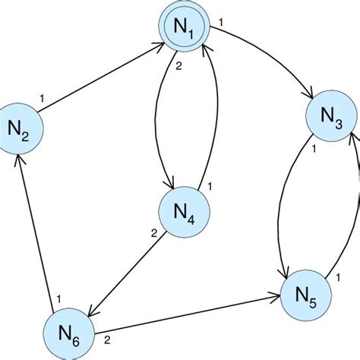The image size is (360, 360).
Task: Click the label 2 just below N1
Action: click(178, 66)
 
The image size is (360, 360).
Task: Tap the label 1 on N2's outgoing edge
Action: click(42, 97)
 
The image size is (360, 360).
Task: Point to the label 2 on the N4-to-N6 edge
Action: click(153, 233)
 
